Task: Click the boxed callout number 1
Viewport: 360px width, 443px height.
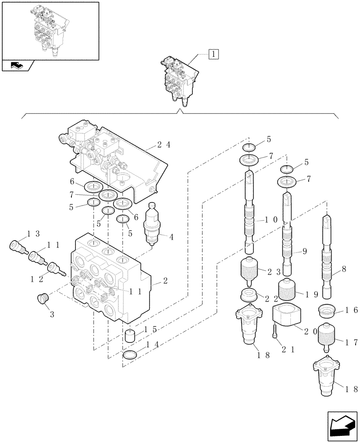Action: pos(213,54)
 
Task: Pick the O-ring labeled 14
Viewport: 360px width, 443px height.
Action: pos(129,355)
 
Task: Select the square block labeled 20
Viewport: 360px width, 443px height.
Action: pos(288,317)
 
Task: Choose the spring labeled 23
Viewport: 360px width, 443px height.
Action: pos(252,270)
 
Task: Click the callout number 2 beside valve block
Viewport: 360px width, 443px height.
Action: pos(164,280)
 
